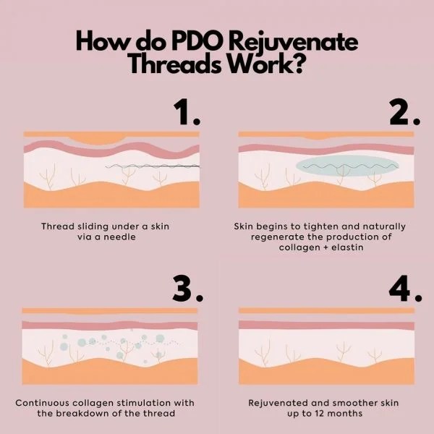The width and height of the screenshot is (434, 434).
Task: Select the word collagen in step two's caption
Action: point(298,247)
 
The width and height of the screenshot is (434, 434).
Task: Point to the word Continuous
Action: point(45,402)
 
